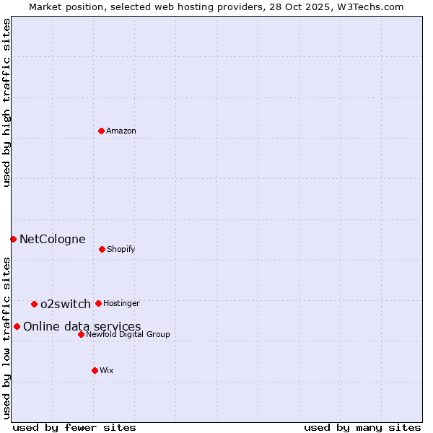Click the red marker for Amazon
(102, 131)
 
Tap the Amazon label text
(121, 131)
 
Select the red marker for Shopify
(102, 249)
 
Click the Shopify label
(121, 249)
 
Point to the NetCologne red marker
(13, 239)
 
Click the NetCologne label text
(52, 239)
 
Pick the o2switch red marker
(34, 304)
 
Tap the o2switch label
(65, 304)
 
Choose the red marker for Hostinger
(98, 303)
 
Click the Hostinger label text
(121, 303)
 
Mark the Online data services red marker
(17, 326)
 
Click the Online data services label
(82, 326)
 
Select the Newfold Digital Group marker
(81, 334)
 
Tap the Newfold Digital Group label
(128, 334)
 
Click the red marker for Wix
(95, 370)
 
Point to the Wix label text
(107, 370)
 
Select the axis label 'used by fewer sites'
(74, 427)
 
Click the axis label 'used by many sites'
(362, 427)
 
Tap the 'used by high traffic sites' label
(6, 102)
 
